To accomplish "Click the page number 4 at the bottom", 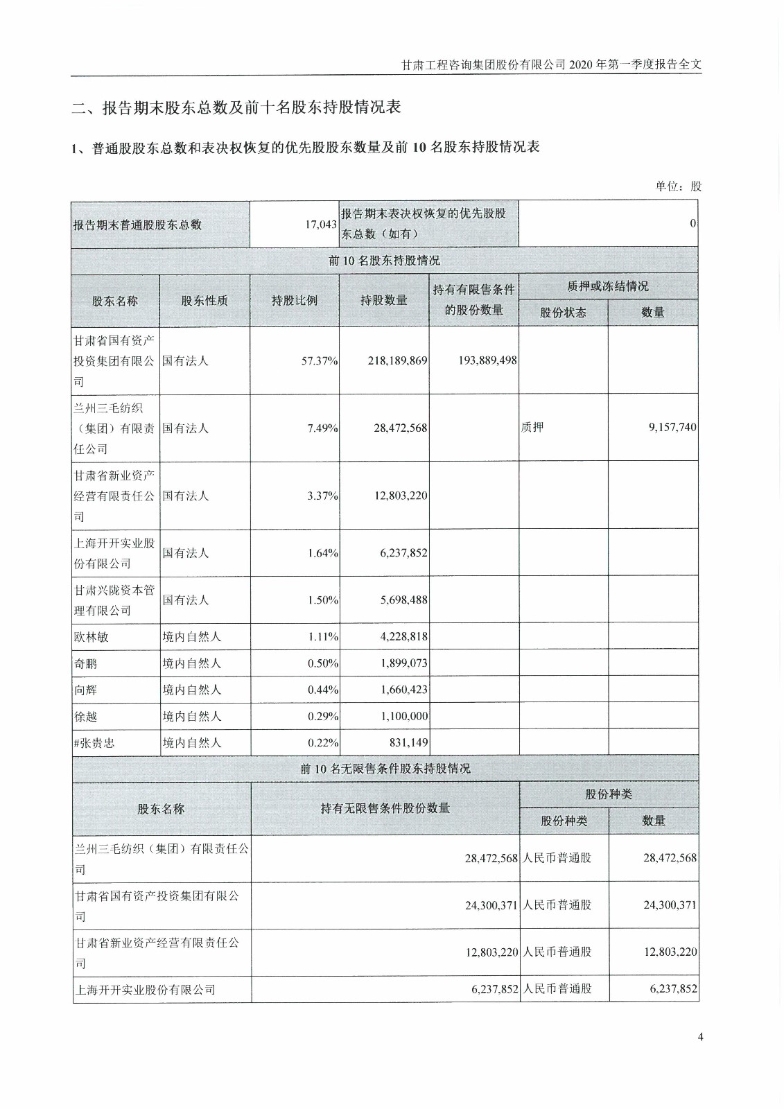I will click(701, 1037).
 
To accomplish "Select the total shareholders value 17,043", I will click(321, 225).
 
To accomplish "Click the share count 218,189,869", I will click(397, 361).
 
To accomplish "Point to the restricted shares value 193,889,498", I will click(487, 360).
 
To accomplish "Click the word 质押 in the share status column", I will click(532, 428).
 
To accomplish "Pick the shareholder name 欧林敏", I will click(91, 637).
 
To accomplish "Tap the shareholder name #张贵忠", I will click(94, 743).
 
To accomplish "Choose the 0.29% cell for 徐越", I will click(323, 716).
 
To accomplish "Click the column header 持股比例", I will click(294, 301).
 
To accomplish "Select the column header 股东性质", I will click(204, 301).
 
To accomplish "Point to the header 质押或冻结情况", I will click(608, 286).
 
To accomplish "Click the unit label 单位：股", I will click(678, 186).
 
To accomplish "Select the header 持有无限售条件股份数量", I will click(385, 808).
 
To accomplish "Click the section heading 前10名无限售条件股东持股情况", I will click(385, 769).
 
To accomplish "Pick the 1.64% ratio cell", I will click(323, 553).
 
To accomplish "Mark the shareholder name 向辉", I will click(86, 690).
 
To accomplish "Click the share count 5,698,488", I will click(404, 600).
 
